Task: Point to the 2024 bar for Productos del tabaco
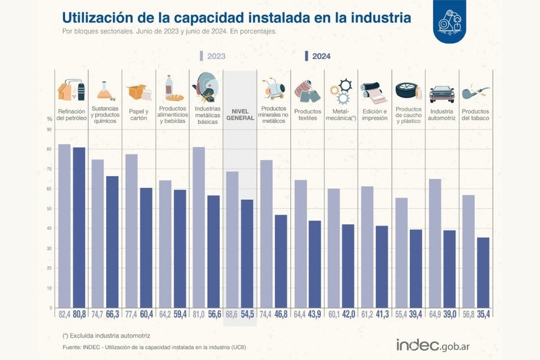point(482,272)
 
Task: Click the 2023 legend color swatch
point(202,56)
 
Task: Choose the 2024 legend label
point(321,56)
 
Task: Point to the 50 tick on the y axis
point(50,209)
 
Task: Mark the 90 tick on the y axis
point(50,130)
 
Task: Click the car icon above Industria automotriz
point(441,94)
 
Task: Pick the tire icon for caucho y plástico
point(408,92)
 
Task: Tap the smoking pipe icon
point(475,92)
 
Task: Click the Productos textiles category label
point(307,115)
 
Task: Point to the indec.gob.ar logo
point(441,344)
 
